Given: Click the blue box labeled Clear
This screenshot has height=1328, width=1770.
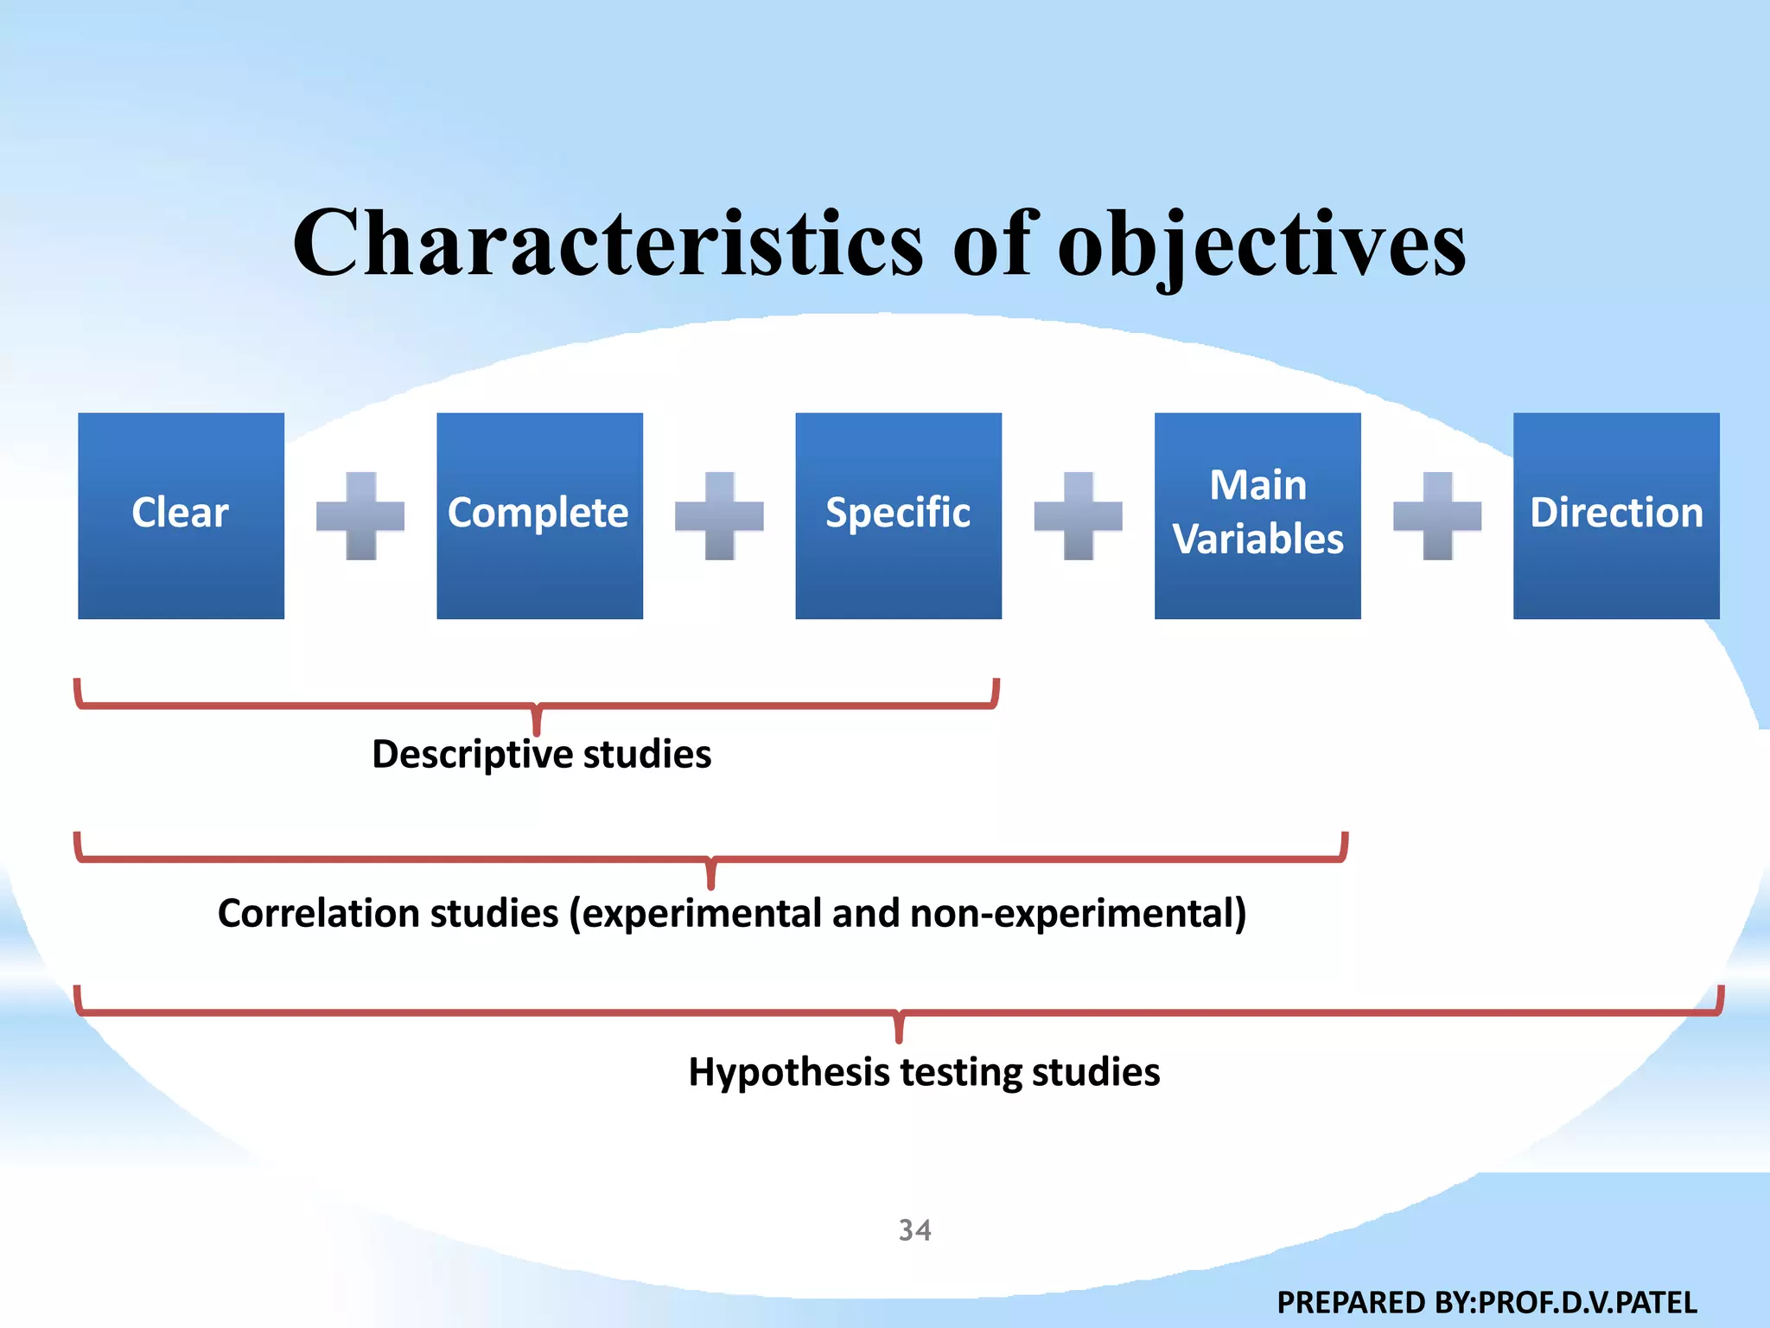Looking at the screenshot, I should (x=181, y=515).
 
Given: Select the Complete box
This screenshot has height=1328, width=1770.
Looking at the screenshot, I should (x=539, y=515).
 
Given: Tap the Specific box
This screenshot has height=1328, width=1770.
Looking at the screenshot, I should (x=898, y=515).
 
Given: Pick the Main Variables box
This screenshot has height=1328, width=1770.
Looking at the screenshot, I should (x=1257, y=515).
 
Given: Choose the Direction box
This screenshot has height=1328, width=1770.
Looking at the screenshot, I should (x=1616, y=515).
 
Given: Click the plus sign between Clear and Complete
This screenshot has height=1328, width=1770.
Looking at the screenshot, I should (x=360, y=516).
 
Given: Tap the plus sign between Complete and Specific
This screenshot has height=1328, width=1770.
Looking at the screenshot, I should (x=719, y=516).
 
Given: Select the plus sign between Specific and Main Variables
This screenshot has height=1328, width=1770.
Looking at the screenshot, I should (x=1078, y=516).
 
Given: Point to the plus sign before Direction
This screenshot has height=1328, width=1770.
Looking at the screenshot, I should (x=1437, y=516).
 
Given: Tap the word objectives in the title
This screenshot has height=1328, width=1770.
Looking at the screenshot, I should (x=1262, y=246).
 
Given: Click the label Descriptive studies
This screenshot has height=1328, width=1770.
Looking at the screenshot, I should (x=541, y=754).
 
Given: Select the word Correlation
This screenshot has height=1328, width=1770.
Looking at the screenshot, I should (x=388, y=913).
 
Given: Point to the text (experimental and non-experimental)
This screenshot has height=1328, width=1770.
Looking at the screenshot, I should (x=907, y=913).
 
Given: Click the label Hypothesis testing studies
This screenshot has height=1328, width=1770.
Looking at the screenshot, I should (x=924, y=1072).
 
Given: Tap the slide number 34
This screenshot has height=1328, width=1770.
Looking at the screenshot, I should (x=914, y=1229).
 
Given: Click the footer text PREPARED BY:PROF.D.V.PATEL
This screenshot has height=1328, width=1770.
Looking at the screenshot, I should (x=1487, y=1302).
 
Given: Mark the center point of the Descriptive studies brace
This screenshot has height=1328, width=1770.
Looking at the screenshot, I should (x=537, y=723).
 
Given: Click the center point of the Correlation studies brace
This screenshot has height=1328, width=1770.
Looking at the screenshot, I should (x=710, y=876).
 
